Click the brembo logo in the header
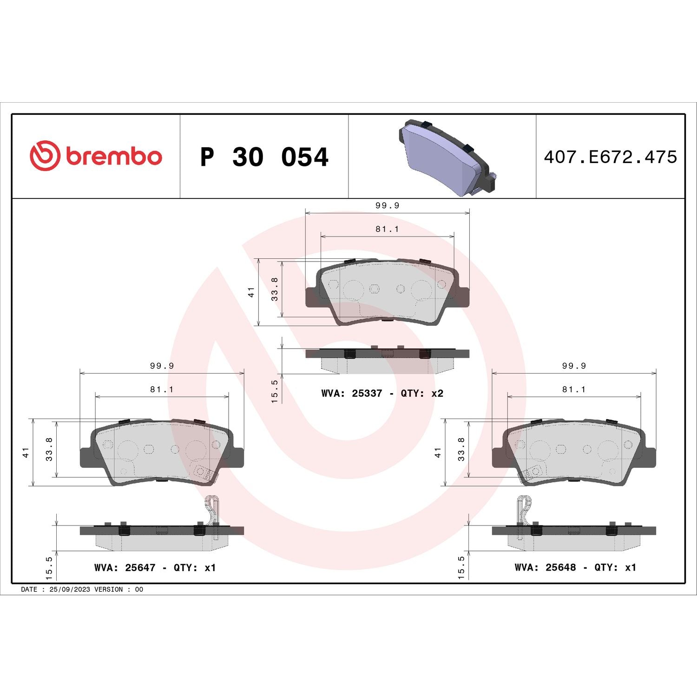[x=96, y=156]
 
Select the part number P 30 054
[x=264, y=157]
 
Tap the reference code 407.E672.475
[x=610, y=157]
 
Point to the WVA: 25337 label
[x=351, y=394]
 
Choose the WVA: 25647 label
[x=125, y=567]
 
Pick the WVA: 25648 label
[x=545, y=567]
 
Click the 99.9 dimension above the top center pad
[x=387, y=205]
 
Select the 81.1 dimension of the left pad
[x=162, y=389]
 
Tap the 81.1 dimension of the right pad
[x=574, y=389]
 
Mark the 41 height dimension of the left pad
[x=26, y=452]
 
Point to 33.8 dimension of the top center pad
[x=275, y=289]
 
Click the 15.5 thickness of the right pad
[x=461, y=567]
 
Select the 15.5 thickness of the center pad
[x=275, y=391]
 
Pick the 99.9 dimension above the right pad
[x=574, y=366]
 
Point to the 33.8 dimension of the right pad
[x=461, y=449]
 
